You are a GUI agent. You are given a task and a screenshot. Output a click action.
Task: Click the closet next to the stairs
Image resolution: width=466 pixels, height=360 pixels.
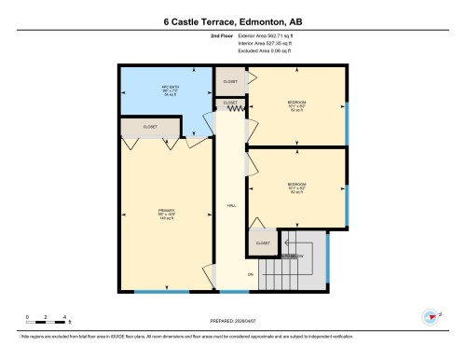tap(263, 242)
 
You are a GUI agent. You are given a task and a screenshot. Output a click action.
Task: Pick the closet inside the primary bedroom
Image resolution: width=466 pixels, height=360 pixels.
tap(150, 127)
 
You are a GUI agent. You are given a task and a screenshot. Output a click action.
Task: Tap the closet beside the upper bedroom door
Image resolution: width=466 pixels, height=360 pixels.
tap(230, 81)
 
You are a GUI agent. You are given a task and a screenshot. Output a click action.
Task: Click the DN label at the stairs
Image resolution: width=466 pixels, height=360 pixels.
tap(250, 274)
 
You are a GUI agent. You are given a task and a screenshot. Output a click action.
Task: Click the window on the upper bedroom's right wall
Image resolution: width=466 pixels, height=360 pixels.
tap(347, 121)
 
